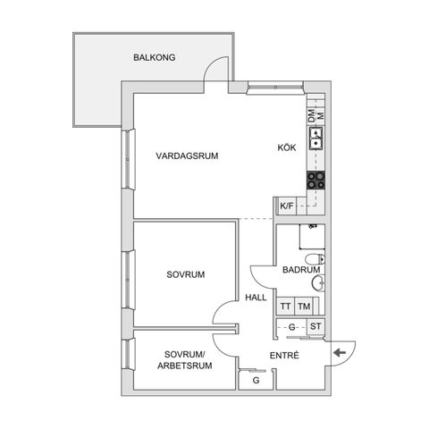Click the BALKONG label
155,57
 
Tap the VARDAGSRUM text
187,156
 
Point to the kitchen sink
315,139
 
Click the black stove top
315,178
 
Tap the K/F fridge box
286,206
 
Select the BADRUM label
300,269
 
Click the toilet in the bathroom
318,283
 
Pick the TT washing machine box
285,306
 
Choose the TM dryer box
304,306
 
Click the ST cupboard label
315,327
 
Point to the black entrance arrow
340,353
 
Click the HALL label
256,299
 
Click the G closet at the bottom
257,381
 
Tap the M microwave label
319,116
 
